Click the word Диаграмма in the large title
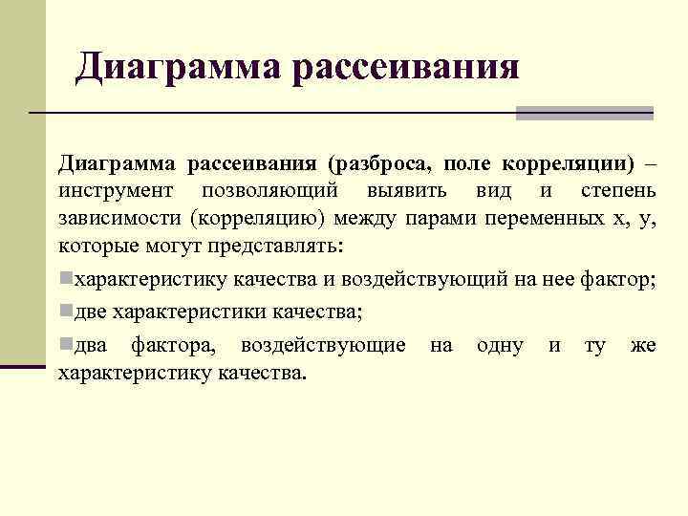(178, 67)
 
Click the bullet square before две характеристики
(65, 311)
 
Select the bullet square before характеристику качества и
(65, 279)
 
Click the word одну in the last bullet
(499, 344)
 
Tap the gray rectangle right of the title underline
(584, 113)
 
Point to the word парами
(441, 219)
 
